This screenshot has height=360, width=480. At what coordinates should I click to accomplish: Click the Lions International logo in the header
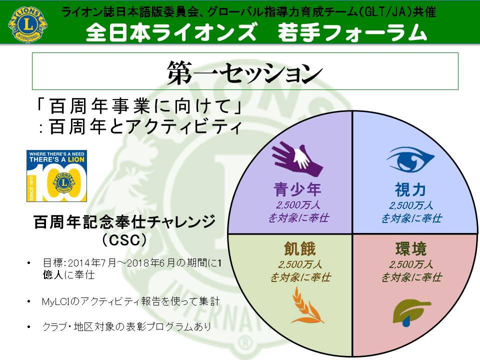pyautogui.click(x=28, y=24)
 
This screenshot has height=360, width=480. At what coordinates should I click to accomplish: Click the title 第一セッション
pyautogui.click(x=245, y=72)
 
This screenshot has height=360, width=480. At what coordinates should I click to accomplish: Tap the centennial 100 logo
pyautogui.click(x=56, y=175)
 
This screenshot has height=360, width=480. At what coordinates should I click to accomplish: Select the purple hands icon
pyautogui.click(x=297, y=158)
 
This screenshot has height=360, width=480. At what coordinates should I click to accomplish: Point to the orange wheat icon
pyautogui.click(x=306, y=305)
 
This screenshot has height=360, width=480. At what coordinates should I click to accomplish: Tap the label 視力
pyautogui.click(x=410, y=189)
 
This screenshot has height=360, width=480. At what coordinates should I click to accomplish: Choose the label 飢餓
pyautogui.click(x=299, y=248)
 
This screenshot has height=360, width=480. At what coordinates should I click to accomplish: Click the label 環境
pyautogui.click(x=411, y=248)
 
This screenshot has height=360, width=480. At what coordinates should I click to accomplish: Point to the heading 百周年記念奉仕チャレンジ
pyautogui.click(x=124, y=222)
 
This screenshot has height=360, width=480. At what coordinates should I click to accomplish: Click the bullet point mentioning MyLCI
pyautogui.click(x=130, y=301)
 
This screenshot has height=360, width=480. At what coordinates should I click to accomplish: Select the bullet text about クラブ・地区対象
pyautogui.click(x=126, y=326)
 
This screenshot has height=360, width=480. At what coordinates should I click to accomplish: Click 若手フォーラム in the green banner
pyautogui.click(x=352, y=32)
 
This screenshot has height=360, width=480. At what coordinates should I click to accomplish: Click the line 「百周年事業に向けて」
pyautogui.click(x=139, y=106)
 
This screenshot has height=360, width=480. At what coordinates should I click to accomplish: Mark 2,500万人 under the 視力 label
pyautogui.click(x=411, y=205)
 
